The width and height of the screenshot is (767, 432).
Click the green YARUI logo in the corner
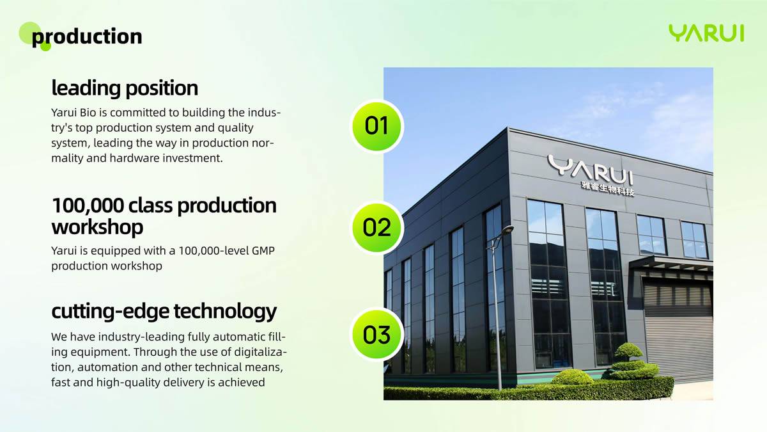point(706,33)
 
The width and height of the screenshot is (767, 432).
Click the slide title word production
point(87,36)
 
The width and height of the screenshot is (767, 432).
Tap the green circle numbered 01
point(376,126)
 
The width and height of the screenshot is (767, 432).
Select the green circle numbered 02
point(376,227)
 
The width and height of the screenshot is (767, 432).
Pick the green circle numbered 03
point(376,334)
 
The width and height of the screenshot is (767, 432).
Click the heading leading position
point(125,88)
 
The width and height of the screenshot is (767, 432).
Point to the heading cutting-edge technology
point(164,312)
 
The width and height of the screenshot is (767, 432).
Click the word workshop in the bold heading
point(97,227)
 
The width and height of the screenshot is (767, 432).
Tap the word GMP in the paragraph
point(263,251)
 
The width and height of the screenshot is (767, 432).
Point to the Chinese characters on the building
point(608,188)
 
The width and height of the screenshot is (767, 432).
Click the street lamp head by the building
point(507,229)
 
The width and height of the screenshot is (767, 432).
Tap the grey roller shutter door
point(679,329)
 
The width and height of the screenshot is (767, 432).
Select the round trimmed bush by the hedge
point(572,377)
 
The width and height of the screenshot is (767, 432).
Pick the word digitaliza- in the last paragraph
point(261,353)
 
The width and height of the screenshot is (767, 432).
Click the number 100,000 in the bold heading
point(88,205)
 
